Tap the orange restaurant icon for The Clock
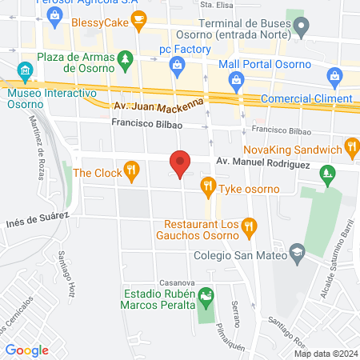click(132, 170)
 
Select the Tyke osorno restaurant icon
click(208, 188)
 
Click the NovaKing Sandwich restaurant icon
click(351, 146)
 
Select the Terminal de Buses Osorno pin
click(301, 30)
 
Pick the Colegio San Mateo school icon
click(298, 254)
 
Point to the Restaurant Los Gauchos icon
click(249, 226)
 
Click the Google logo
click(26, 350)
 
